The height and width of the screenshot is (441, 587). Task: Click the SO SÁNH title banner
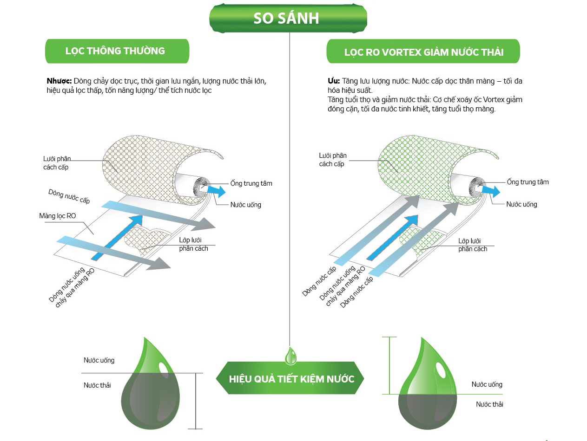coord(286,18)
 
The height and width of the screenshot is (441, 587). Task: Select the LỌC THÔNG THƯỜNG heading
coord(115,51)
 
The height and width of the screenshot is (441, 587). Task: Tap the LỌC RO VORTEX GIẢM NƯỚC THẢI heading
coord(423,52)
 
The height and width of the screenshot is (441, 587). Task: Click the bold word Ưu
coord(334,81)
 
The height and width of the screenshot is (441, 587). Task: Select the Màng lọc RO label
coord(57,216)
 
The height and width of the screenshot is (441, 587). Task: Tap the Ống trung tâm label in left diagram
coord(251,183)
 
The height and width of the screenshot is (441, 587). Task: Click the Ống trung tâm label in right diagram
coord(528,182)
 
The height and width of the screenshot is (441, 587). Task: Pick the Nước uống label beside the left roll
coord(245,205)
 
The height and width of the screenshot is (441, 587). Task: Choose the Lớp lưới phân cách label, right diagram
coord(472,245)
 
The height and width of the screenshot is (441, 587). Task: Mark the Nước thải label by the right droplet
coord(489,404)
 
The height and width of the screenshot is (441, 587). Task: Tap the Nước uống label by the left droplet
coord(99,360)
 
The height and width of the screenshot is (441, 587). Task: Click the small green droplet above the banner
coord(291,356)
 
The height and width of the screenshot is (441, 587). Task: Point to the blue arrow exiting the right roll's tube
coord(491,190)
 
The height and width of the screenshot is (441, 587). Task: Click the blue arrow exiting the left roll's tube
coord(216,191)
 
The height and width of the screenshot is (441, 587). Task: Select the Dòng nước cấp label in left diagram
coord(69,196)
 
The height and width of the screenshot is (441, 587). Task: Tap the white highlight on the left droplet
coord(164,366)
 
